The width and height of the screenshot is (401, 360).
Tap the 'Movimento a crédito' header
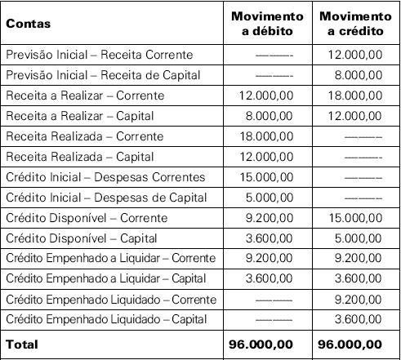click(355, 23)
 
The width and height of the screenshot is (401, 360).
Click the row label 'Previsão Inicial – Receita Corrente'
click(100, 55)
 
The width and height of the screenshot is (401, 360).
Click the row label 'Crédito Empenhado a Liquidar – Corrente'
click(111, 259)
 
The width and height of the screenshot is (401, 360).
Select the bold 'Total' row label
click(22, 344)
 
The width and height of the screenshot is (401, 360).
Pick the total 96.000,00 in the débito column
click(266, 344)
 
